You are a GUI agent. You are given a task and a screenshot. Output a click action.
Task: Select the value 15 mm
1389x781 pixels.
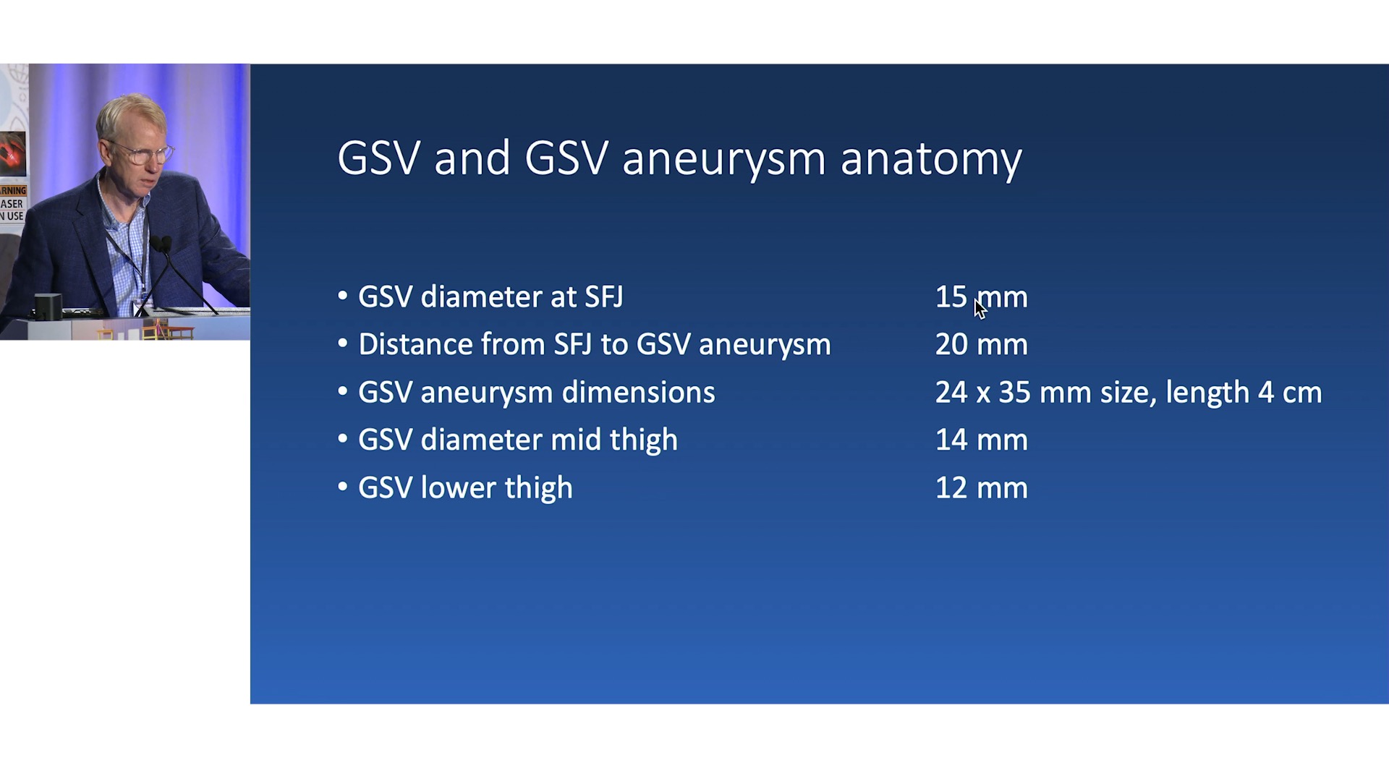coord(981,297)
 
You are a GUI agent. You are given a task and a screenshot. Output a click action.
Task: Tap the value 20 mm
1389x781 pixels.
coord(981,344)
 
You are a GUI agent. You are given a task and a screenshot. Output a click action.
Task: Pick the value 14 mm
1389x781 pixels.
coord(981,440)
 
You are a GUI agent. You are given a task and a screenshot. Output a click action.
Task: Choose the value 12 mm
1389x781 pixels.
coord(981,487)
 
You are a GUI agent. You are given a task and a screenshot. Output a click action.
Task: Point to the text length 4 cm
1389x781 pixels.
coord(1244,393)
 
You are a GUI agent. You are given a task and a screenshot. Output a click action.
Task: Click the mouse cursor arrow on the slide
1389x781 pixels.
coord(980,309)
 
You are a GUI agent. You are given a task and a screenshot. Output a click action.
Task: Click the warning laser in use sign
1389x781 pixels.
coord(12,203)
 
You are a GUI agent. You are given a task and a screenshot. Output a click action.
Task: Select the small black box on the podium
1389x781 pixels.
coord(48,307)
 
